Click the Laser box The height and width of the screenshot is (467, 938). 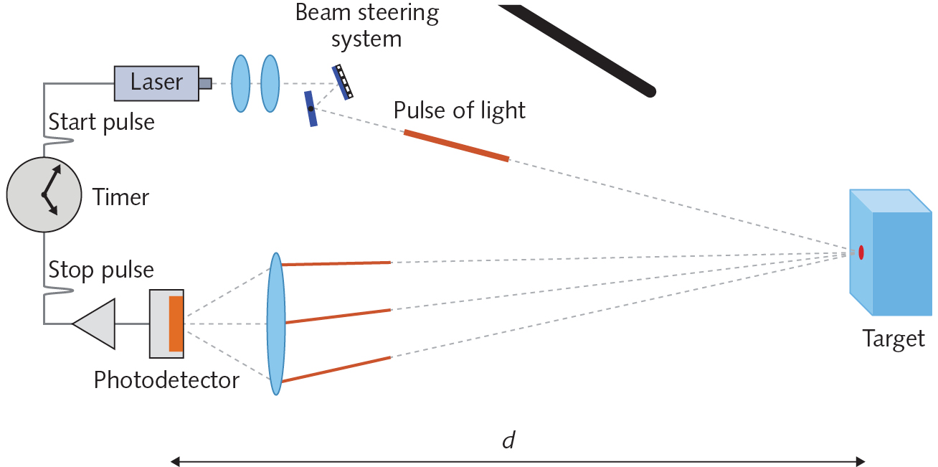(156, 82)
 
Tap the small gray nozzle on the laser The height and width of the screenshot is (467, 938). (205, 83)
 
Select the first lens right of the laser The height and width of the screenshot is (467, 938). (240, 83)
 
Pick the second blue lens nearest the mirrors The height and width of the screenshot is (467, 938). (270, 83)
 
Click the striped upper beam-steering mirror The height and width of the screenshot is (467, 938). (341, 82)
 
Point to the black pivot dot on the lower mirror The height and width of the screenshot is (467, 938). (311, 109)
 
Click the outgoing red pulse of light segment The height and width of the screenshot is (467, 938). (456, 146)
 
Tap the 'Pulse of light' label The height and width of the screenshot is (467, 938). (459, 110)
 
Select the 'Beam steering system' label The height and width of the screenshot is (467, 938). (366, 25)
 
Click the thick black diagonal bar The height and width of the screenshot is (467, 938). (577, 48)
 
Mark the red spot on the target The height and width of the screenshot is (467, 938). (861, 253)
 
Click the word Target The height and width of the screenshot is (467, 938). (894, 338)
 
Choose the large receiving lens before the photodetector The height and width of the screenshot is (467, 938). (276, 323)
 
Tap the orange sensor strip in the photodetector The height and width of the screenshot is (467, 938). (176, 324)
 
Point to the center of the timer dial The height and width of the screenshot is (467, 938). (44, 194)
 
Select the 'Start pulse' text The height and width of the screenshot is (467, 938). (101, 122)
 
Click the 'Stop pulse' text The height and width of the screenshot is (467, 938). (101, 270)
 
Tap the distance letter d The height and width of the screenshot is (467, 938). (508, 440)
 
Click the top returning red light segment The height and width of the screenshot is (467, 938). (336, 263)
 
